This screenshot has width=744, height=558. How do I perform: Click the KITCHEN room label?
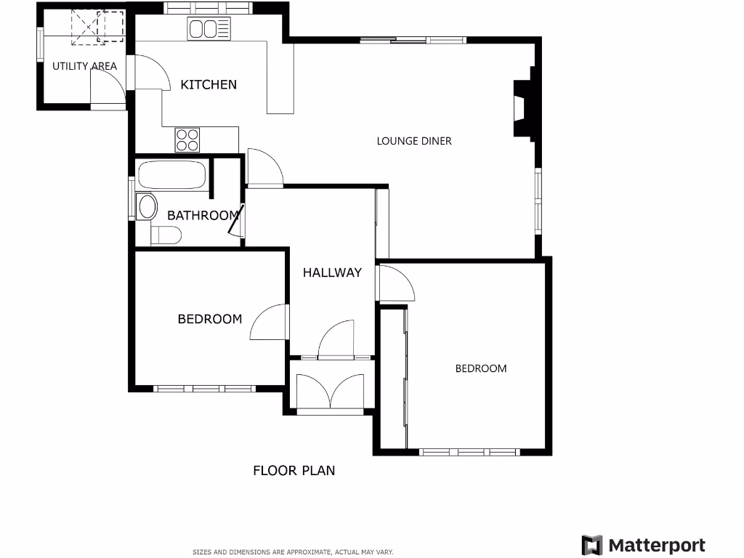coord(209,84)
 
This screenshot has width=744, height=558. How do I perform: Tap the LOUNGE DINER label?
coord(413,141)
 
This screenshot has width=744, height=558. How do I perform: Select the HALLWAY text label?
coord(332,272)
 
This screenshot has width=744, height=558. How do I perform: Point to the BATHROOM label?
coord(203,215)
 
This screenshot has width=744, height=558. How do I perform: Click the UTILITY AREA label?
coord(84,66)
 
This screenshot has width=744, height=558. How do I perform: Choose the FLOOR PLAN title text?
coord(294,470)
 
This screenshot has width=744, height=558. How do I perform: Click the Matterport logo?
coord(643,545)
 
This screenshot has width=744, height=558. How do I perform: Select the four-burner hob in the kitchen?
coord(187,139)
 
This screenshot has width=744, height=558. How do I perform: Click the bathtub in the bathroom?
coord(172,176)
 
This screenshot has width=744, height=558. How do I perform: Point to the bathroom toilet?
coord(167,235)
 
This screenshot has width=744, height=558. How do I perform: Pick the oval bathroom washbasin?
coord(147,207)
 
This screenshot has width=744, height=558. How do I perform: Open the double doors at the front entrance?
coord(331,392)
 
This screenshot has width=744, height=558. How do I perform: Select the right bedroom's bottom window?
coord(469,451)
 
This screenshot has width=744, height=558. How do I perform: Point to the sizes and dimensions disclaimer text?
coord(292,552)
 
